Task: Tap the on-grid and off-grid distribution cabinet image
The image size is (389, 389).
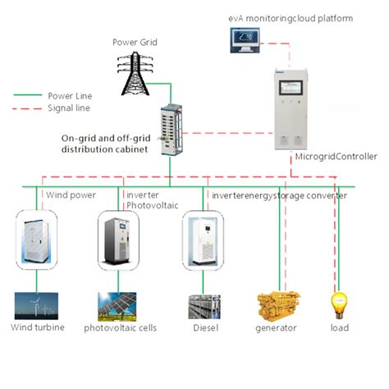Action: pyautogui.click(x=169, y=131)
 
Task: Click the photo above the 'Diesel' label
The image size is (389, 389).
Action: pyautogui.click(x=204, y=306)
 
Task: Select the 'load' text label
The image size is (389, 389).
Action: pyautogui.click(x=339, y=328)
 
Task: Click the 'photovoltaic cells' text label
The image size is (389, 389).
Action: pyautogui.click(x=120, y=328)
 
